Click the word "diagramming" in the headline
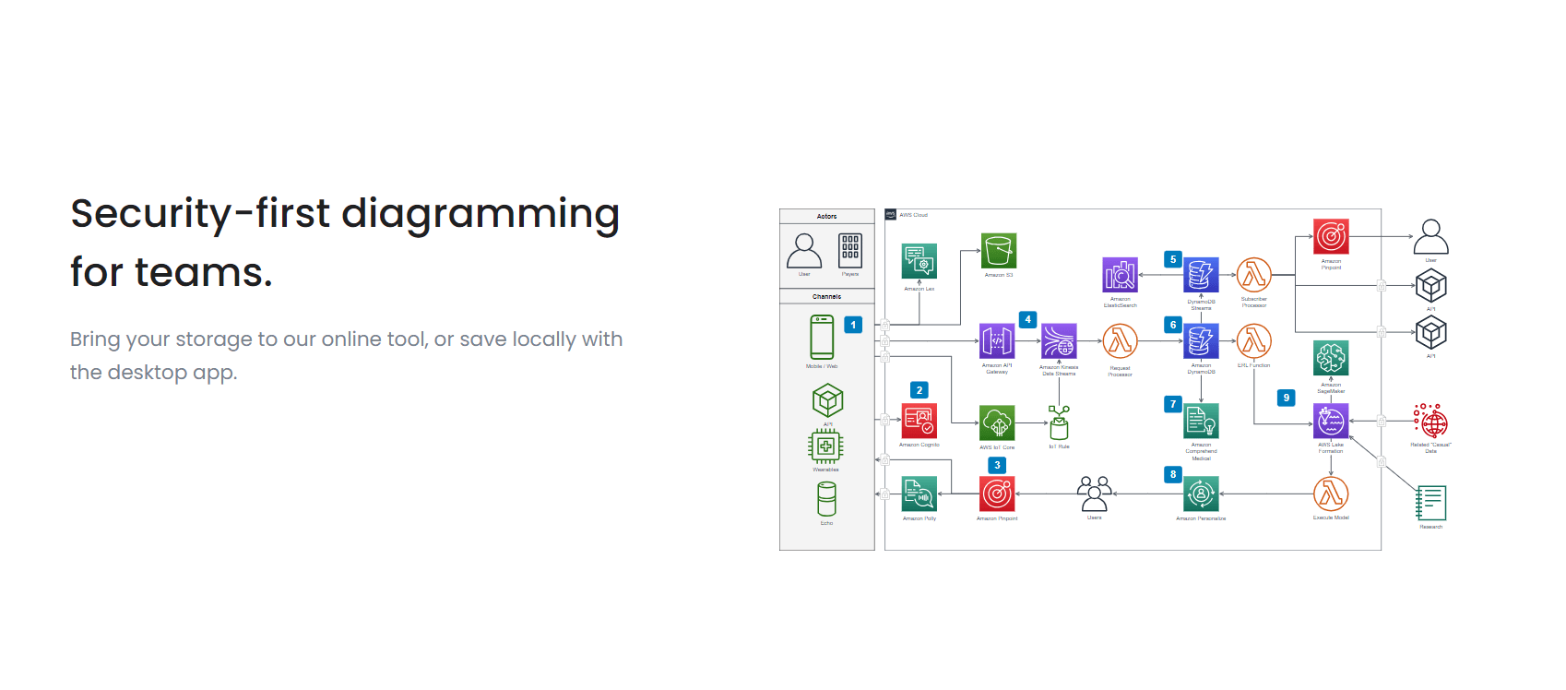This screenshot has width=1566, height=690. click(480, 214)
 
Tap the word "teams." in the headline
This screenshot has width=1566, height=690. click(204, 273)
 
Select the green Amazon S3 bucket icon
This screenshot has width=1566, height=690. click(998, 251)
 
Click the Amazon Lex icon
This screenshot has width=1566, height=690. click(919, 261)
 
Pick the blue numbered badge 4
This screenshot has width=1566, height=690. click(1027, 319)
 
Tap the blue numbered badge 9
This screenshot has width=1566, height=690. click(1286, 398)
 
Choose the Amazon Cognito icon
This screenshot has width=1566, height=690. click(919, 422)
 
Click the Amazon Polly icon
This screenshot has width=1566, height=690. click(919, 494)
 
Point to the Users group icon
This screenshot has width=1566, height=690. click(1094, 494)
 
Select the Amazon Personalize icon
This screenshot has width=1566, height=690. click(1201, 494)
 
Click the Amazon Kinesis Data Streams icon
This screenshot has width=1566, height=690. click(1059, 341)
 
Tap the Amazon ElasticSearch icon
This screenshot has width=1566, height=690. click(1120, 275)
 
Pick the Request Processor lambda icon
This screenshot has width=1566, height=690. click(1120, 341)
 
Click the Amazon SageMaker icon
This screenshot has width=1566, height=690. click(1331, 358)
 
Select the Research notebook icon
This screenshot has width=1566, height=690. click(1430, 504)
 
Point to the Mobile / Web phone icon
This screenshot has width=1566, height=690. click(822, 338)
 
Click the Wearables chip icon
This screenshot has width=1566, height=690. click(825, 446)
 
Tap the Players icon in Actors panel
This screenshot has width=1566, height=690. click(849, 251)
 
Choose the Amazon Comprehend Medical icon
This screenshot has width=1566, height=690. click(1201, 422)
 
